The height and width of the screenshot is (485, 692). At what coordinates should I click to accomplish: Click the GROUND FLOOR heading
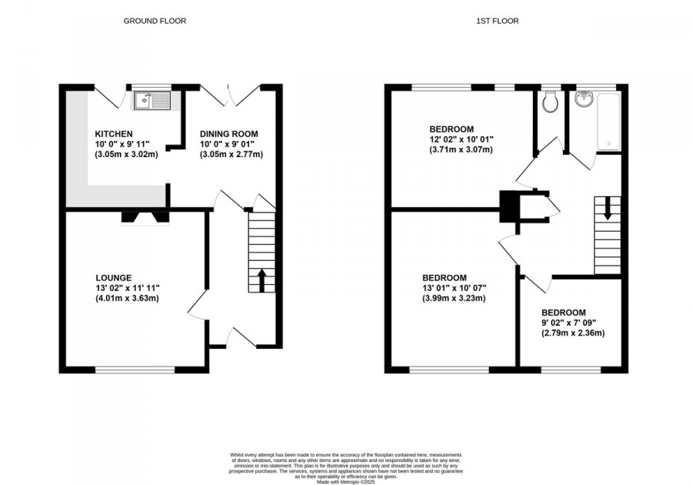pos(155,21)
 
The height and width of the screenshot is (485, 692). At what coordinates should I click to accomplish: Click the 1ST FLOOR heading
pos(497,21)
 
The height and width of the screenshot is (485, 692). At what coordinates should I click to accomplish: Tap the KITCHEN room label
pos(115,133)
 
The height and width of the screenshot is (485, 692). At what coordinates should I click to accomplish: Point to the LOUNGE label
pos(114,277)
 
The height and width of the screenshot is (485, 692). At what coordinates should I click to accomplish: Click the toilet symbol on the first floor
pos(549,102)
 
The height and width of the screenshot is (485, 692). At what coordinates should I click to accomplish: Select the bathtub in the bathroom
pos(608,122)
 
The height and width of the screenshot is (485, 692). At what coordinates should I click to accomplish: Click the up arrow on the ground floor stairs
pos(261,279)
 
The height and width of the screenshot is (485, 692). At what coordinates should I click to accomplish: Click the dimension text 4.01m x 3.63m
pos(122,299)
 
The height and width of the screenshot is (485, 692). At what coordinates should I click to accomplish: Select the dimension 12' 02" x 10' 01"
pos(461,139)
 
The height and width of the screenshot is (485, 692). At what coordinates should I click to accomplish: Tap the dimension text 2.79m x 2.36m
pos(573,333)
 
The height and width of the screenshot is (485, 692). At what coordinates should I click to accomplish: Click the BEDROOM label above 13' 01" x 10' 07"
pos(444,277)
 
